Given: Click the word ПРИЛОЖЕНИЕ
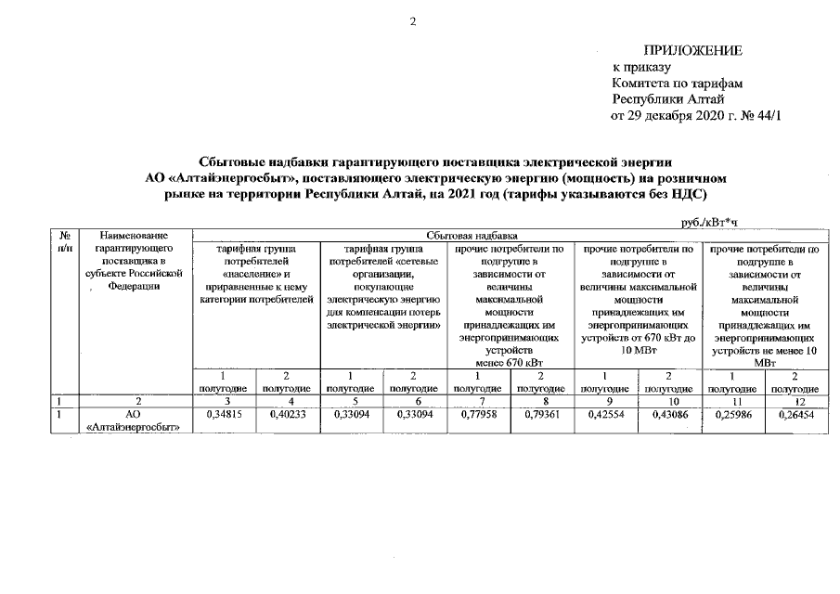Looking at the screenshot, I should [x=693, y=50].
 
